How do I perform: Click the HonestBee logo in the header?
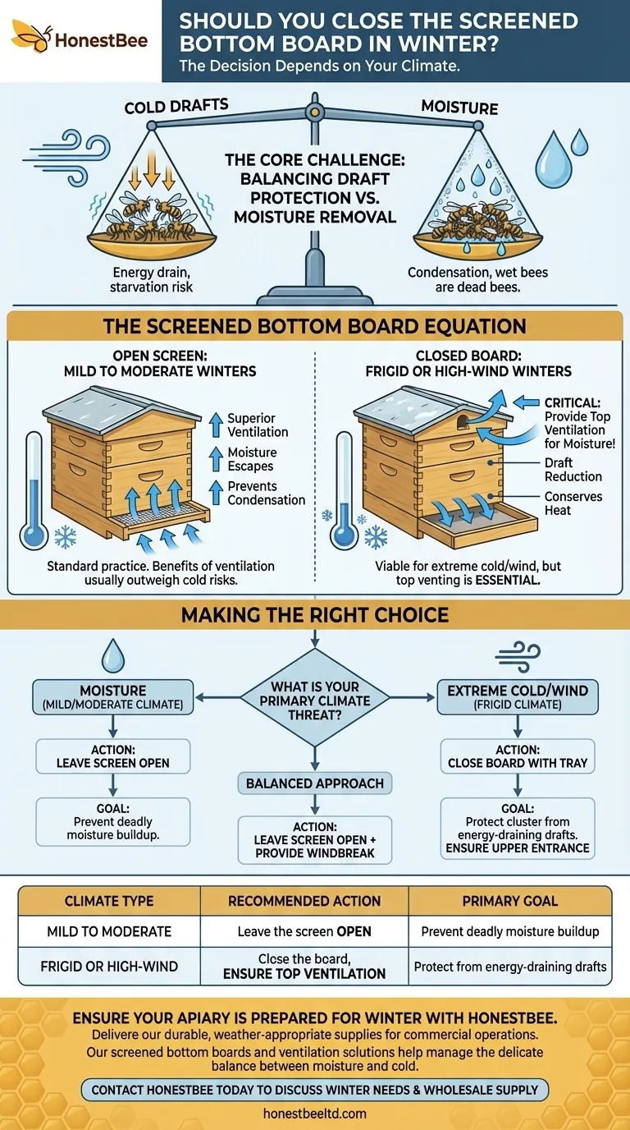[80, 39]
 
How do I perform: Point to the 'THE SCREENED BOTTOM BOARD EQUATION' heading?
[314, 326]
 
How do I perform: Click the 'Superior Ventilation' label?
[258, 425]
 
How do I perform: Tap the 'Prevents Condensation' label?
[266, 493]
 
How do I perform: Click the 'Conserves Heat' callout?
[573, 503]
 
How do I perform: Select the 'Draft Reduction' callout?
[573, 470]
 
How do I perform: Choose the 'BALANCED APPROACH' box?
[315, 783]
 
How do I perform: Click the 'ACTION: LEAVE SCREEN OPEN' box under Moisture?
[113, 756]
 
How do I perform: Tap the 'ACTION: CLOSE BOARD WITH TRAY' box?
[518, 756]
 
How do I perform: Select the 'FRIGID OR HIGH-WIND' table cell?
[109, 967]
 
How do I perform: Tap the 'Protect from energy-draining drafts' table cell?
[510, 967]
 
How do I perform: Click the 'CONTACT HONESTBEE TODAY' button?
[315, 1090]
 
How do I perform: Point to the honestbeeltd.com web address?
[315, 1114]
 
